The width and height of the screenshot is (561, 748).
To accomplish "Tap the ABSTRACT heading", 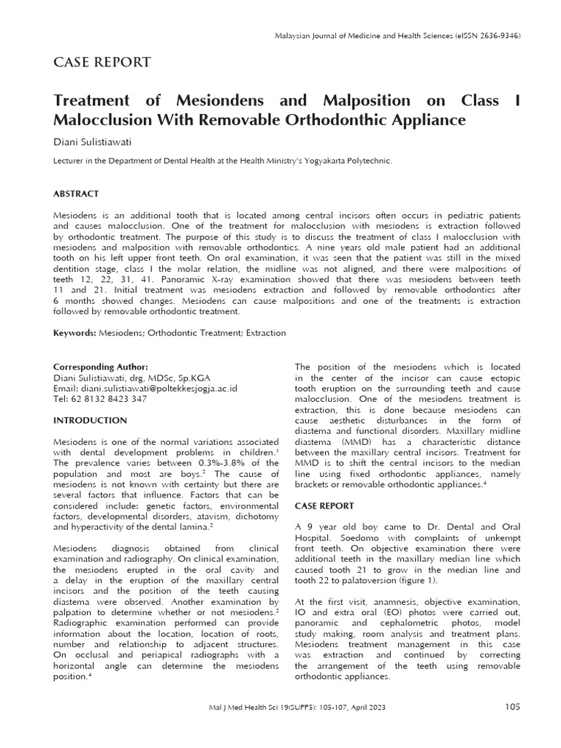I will [x=77, y=194].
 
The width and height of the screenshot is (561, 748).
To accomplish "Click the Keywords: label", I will [x=75, y=333].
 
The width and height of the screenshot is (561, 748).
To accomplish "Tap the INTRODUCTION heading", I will [x=91, y=421].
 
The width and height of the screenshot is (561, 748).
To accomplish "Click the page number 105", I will [x=512, y=707].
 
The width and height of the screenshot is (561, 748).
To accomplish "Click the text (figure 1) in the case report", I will [x=415, y=580].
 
